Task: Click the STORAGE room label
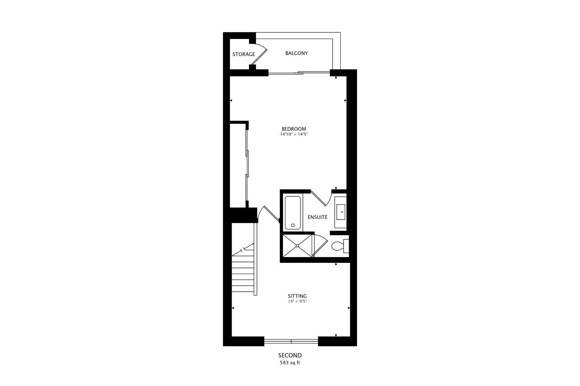[x=244, y=54]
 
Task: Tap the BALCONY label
[x=297, y=53]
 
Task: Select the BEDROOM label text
[x=294, y=129]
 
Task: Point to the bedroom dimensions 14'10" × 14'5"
[x=294, y=134]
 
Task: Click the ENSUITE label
[x=317, y=217]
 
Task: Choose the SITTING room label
[x=297, y=296]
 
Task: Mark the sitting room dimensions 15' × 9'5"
[x=297, y=301]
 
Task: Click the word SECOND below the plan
[x=290, y=356]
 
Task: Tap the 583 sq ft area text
[x=290, y=363]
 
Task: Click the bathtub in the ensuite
[x=293, y=213]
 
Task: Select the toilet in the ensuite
[x=339, y=246]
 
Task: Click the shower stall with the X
[x=297, y=245]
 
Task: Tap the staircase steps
[x=243, y=272]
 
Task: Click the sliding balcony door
[x=299, y=72]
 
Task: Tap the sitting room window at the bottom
[x=291, y=341]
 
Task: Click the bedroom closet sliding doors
[x=247, y=164]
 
